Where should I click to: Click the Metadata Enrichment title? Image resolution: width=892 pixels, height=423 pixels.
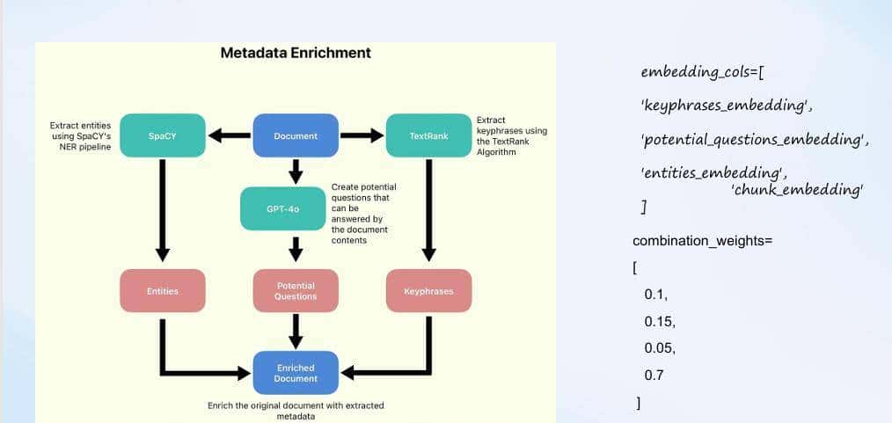(296, 53)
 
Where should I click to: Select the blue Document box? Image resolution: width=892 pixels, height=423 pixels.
(296, 135)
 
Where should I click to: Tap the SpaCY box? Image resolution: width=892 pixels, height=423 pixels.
(163, 135)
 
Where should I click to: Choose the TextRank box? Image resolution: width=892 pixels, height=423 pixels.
(428, 135)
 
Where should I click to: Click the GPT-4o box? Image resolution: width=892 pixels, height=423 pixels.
(282, 209)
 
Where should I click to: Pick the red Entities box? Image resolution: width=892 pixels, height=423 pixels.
(163, 291)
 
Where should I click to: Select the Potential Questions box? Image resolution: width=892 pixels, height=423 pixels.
(296, 291)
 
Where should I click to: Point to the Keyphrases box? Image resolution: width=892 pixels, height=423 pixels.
(428, 291)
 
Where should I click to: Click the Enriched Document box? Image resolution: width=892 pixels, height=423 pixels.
(296, 373)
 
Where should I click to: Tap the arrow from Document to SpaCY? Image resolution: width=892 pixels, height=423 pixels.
(229, 135)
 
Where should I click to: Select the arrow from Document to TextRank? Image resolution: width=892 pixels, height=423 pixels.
(362, 135)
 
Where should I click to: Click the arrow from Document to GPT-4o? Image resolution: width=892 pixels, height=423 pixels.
(296, 171)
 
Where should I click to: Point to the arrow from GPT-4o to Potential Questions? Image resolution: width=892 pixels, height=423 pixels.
(296, 248)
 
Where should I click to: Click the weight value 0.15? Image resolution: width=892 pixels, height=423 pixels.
(659, 321)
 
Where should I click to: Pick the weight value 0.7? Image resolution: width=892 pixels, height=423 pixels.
(654, 375)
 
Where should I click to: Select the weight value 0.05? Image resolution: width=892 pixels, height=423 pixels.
(659, 348)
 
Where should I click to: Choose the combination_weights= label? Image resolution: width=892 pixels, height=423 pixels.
(702, 240)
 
